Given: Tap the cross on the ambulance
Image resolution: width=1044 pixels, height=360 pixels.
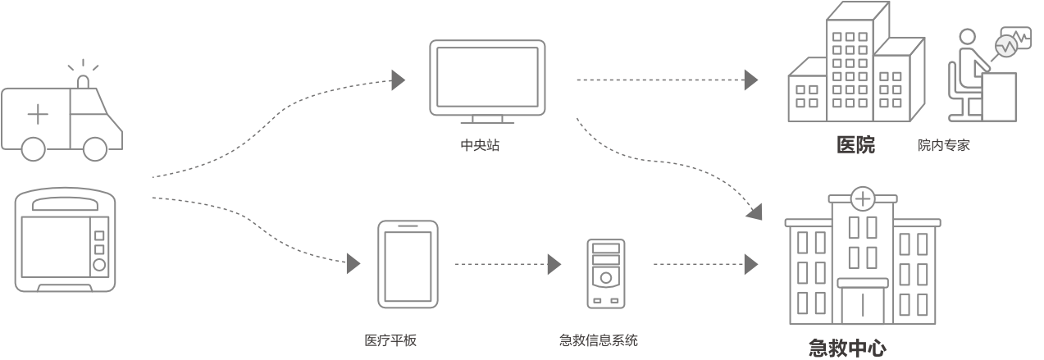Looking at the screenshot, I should point(38,114).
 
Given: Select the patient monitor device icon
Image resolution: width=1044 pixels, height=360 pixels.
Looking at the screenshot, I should point(66,240).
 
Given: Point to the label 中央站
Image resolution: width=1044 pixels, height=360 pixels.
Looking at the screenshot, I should point(480,146).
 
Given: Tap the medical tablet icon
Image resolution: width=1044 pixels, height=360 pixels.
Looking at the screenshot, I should point(408,264).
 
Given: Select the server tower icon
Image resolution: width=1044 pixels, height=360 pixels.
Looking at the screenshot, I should point(605,273).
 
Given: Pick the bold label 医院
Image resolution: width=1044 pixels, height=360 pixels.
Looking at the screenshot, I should point(855,145).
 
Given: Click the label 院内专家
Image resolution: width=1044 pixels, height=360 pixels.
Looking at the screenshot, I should point(944,146).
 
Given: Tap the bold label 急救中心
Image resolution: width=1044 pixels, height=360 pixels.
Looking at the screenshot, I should point(847,348).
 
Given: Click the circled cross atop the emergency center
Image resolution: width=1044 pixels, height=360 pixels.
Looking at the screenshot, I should point(862,198).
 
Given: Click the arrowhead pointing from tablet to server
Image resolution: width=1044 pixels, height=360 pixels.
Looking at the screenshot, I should point(554,264).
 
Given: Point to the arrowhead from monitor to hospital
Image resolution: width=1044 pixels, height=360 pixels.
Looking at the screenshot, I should point(750,80).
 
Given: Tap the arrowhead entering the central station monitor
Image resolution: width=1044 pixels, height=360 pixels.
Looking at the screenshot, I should point(399,80).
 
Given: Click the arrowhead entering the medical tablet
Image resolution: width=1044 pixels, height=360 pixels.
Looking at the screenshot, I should point(353,263).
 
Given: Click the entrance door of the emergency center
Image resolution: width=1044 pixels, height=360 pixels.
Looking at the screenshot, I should point(862,304).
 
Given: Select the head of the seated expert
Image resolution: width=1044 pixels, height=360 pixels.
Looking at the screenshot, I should point(969,39).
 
